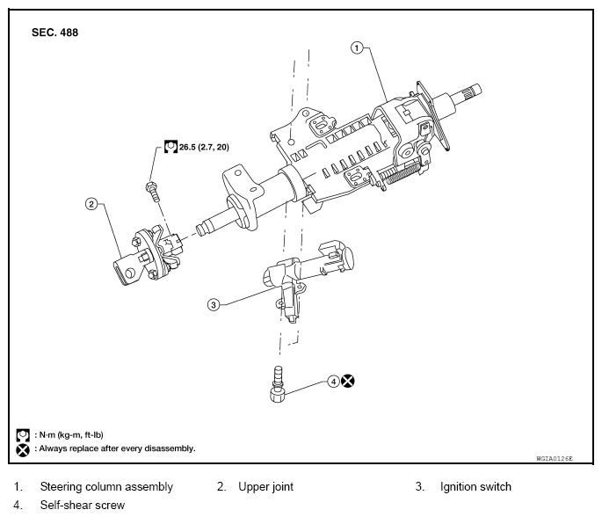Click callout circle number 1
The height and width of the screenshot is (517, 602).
pyautogui.click(x=357, y=48)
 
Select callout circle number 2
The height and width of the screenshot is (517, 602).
pyautogui.click(x=91, y=204)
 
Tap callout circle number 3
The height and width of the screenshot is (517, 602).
pyautogui.click(x=213, y=305)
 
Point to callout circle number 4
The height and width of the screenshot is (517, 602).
pyautogui.click(x=333, y=382)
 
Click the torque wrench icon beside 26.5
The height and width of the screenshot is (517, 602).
pyautogui.click(x=170, y=149)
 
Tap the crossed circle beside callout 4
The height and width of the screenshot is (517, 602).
pyautogui.click(x=349, y=382)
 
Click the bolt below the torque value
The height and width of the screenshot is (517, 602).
pyautogui.click(x=152, y=188)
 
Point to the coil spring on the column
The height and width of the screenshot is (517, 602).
pyautogui.click(x=399, y=173)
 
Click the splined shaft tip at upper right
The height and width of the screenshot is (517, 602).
pyautogui.click(x=472, y=89)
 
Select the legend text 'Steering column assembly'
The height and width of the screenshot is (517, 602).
pyautogui.click(x=106, y=486)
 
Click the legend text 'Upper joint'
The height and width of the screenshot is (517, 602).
pyautogui.click(x=265, y=486)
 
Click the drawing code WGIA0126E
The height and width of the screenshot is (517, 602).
pyautogui.click(x=554, y=459)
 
